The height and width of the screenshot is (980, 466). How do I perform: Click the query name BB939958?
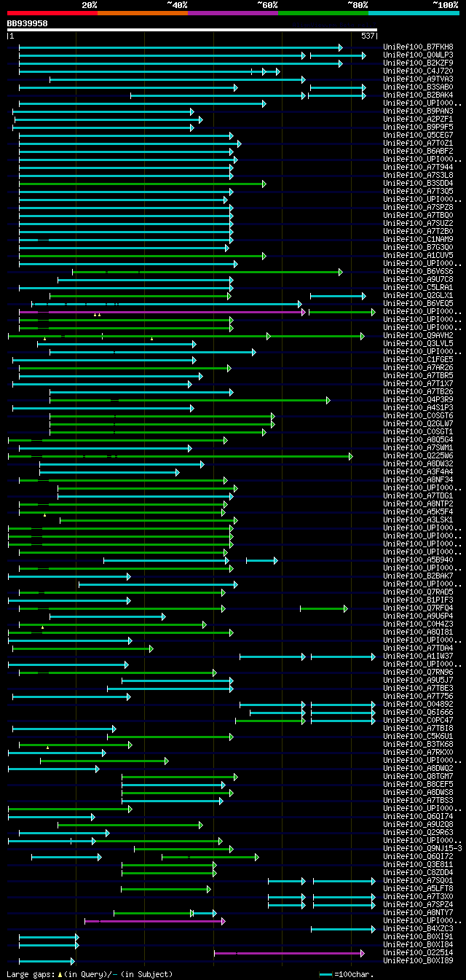coord(28,23)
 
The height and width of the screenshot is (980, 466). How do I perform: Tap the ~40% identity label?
coord(177,4)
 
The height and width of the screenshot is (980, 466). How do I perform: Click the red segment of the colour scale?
coord(52,12)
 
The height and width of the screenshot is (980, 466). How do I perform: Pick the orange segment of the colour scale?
coord(142,12)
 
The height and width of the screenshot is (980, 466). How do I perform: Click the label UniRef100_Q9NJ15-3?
coord(422,848)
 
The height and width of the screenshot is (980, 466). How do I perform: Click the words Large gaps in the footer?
coord(30,974)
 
